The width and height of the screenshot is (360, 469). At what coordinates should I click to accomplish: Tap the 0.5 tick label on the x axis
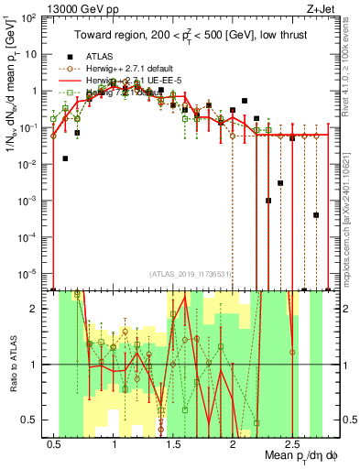55,442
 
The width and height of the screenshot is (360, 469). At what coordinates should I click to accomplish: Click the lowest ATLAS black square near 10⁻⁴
316,215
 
